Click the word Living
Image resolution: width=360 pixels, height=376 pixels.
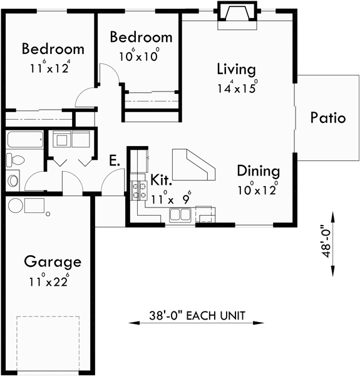point(237,68)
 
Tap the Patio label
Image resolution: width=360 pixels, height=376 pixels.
point(327,118)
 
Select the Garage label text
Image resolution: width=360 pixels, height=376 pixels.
point(53,261)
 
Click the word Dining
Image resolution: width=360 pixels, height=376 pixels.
point(258,170)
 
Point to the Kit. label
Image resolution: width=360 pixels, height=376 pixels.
point(162,181)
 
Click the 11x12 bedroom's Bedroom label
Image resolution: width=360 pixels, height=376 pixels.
point(53,49)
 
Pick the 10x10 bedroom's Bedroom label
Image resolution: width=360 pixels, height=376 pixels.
point(141,37)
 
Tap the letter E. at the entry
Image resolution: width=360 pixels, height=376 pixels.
point(114,160)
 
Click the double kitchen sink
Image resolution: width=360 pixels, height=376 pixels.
point(182,216)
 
